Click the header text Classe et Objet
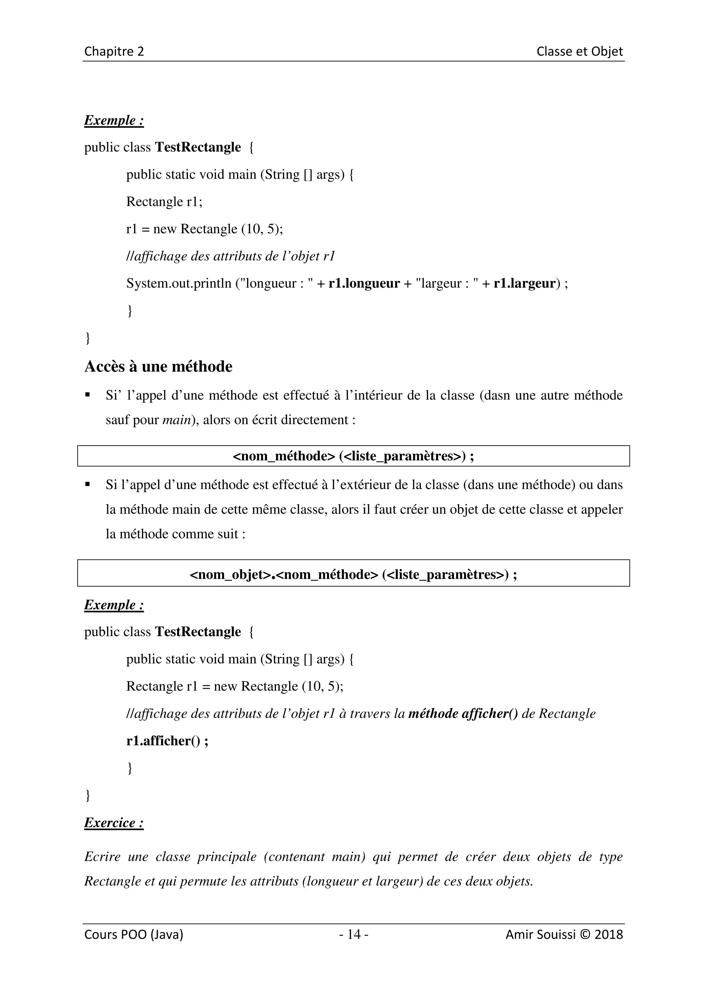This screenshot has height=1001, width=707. pyautogui.click(x=579, y=51)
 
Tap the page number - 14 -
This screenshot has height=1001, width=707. pyautogui.click(x=354, y=934)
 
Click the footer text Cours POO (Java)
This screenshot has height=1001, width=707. pyautogui.click(x=133, y=934)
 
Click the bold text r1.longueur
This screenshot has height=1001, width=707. pyautogui.click(x=364, y=283)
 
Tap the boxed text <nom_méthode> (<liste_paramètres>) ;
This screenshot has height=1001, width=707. pyautogui.click(x=353, y=456)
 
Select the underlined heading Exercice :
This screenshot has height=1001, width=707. pyautogui.click(x=114, y=823)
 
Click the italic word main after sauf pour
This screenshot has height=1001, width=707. pyautogui.click(x=176, y=420)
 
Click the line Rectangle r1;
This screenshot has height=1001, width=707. pyautogui.click(x=164, y=202)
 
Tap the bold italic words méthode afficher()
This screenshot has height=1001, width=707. pyautogui.click(x=463, y=714)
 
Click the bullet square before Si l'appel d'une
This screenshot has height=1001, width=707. pyautogui.click(x=88, y=484)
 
